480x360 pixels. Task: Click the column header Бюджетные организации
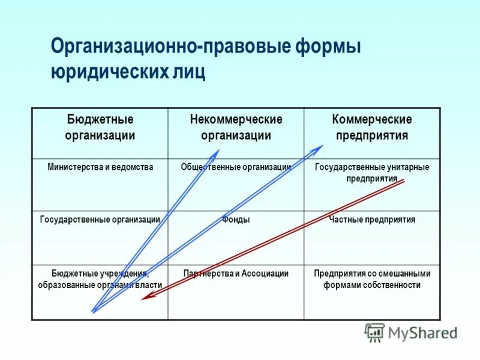pos(100,127)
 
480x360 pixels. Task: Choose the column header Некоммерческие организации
pos(236,127)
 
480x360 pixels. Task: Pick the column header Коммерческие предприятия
pos(372,127)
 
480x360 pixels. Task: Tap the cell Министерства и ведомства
pos(100,167)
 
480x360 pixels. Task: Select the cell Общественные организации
pos(236,167)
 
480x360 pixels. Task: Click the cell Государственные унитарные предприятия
pos(372,172)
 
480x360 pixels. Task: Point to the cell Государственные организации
pos(100,220)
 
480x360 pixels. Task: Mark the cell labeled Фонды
pos(236,220)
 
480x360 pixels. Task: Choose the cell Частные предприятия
pos(372,220)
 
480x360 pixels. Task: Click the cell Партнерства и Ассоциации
pos(236,274)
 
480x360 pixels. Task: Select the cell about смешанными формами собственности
pos(372,279)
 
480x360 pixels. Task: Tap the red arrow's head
pos(145,297)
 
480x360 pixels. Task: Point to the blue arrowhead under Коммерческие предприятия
pos(319,148)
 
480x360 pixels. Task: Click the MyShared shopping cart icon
pos(375,332)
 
